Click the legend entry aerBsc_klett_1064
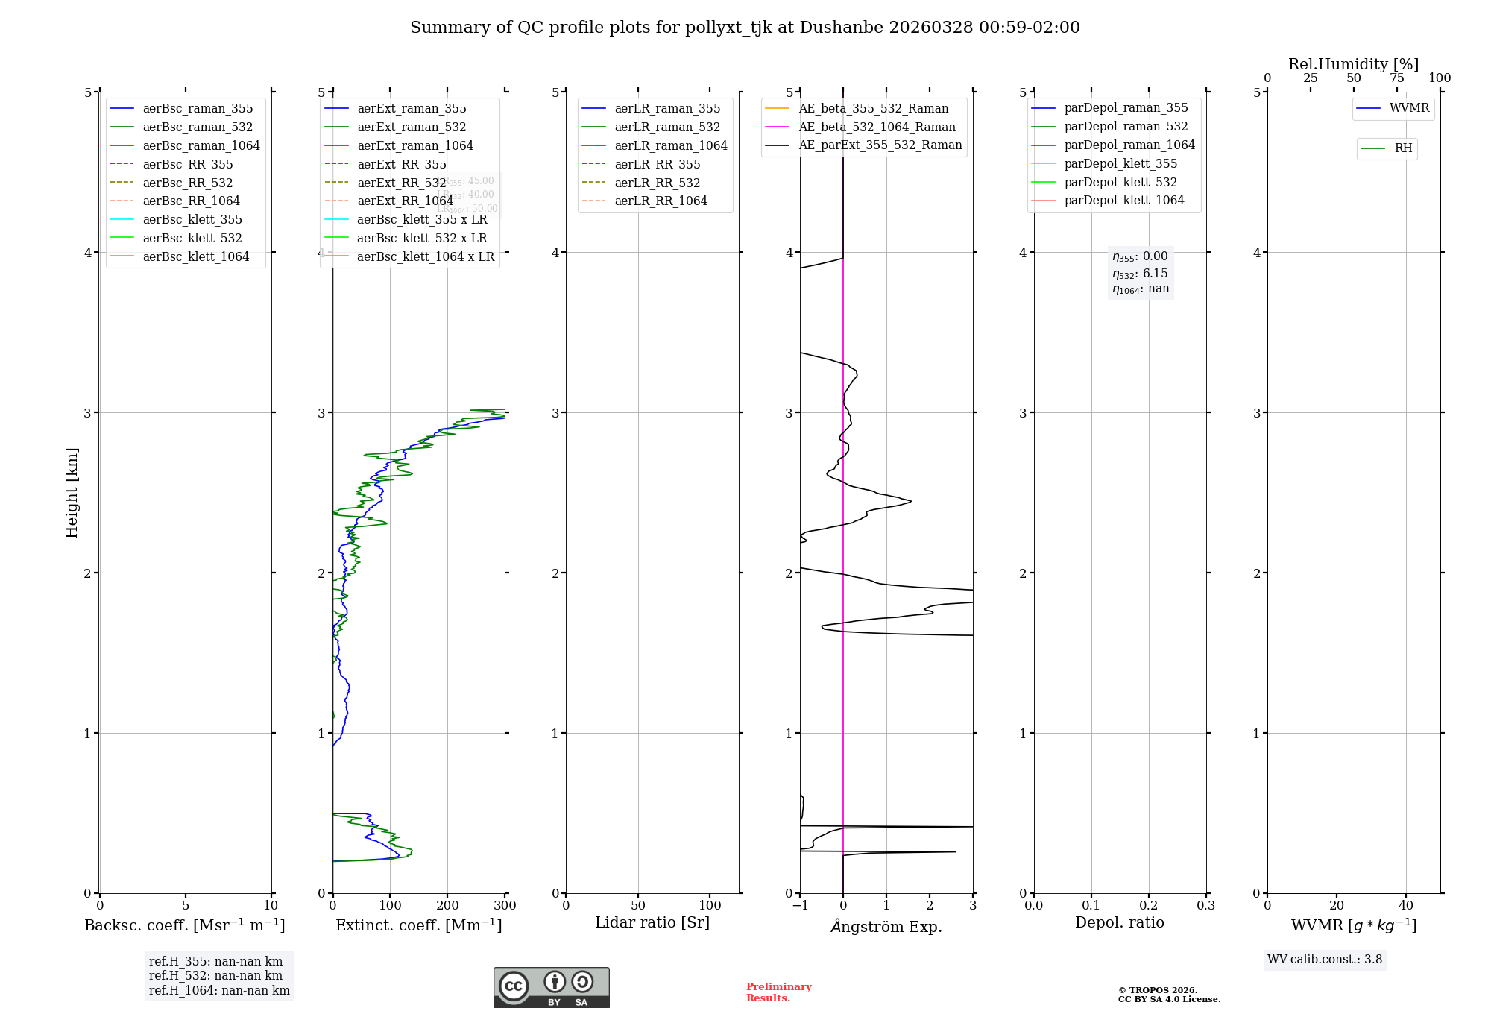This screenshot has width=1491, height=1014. click(195, 256)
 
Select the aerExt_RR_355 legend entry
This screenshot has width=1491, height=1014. click(401, 164)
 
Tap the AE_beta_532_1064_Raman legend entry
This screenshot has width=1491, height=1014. click(876, 127)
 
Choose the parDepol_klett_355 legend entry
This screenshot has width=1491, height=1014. click(1120, 163)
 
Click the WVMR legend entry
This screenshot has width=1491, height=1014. click(1408, 108)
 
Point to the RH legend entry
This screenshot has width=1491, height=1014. click(1403, 148)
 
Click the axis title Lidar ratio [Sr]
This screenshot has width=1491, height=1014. click(652, 922)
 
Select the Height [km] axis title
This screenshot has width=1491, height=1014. click(72, 492)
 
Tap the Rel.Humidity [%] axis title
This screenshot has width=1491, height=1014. click(1353, 64)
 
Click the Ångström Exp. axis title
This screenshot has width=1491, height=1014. click(886, 926)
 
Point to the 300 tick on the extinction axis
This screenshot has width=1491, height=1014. click(505, 906)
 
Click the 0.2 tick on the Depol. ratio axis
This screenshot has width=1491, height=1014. click(1149, 906)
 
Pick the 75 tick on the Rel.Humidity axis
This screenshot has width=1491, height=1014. click(1396, 78)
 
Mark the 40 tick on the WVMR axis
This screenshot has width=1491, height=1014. click(1405, 906)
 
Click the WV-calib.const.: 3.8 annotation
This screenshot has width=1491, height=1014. click(1324, 960)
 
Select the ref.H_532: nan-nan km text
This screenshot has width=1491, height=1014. click(215, 975)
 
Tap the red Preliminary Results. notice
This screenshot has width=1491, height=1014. click(778, 992)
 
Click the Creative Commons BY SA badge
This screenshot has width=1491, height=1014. click(551, 987)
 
